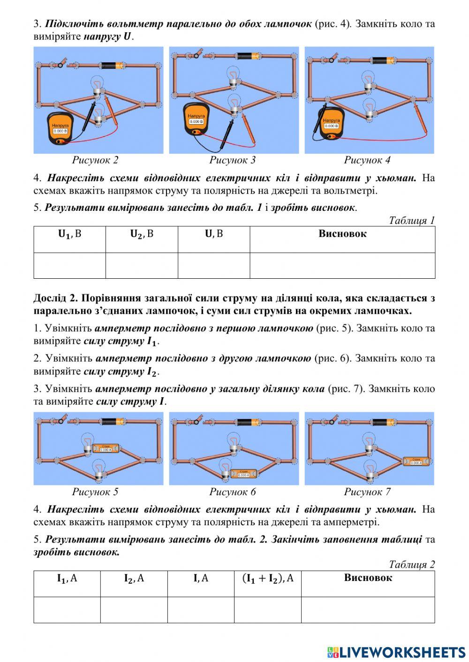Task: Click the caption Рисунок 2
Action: point(95,160)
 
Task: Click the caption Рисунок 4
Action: point(367,160)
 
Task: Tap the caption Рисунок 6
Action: point(232,491)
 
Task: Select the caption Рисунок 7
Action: point(367,491)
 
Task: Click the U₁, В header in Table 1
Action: point(69,234)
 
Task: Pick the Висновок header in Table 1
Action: point(342,234)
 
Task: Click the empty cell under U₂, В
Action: point(141,265)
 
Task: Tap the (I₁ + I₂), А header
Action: point(267,578)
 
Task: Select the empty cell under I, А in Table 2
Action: point(201,610)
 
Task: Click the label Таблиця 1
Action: point(411,220)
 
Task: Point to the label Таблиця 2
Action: point(411,564)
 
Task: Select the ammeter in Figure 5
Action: point(106,448)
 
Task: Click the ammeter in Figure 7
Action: point(416,461)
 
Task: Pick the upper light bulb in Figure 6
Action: point(233,442)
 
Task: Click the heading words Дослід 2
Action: point(51,298)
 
